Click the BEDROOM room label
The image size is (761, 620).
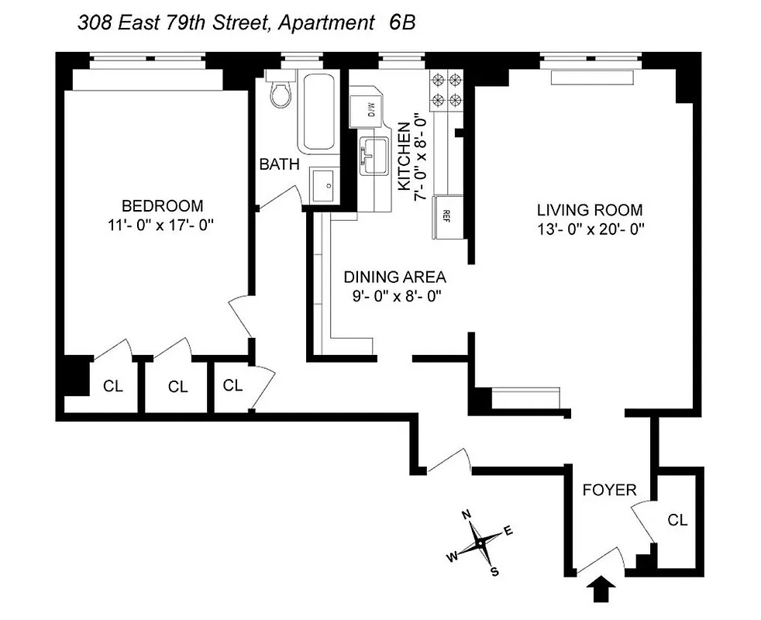[162, 205]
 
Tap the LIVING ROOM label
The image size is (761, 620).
[590, 210]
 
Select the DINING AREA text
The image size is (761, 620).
[395, 277]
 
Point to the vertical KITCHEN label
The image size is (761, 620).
[404, 156]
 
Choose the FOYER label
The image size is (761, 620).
[609, 490]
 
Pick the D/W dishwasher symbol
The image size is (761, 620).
[364, 108]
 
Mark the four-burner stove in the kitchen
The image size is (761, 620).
[446, 88]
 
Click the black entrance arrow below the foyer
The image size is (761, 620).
[604, 591]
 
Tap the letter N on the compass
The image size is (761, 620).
[467, 515]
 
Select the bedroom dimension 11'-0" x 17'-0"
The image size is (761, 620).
[162, 226]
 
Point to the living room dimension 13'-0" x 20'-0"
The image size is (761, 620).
[590, 229]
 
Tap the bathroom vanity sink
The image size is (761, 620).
[326, 185]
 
